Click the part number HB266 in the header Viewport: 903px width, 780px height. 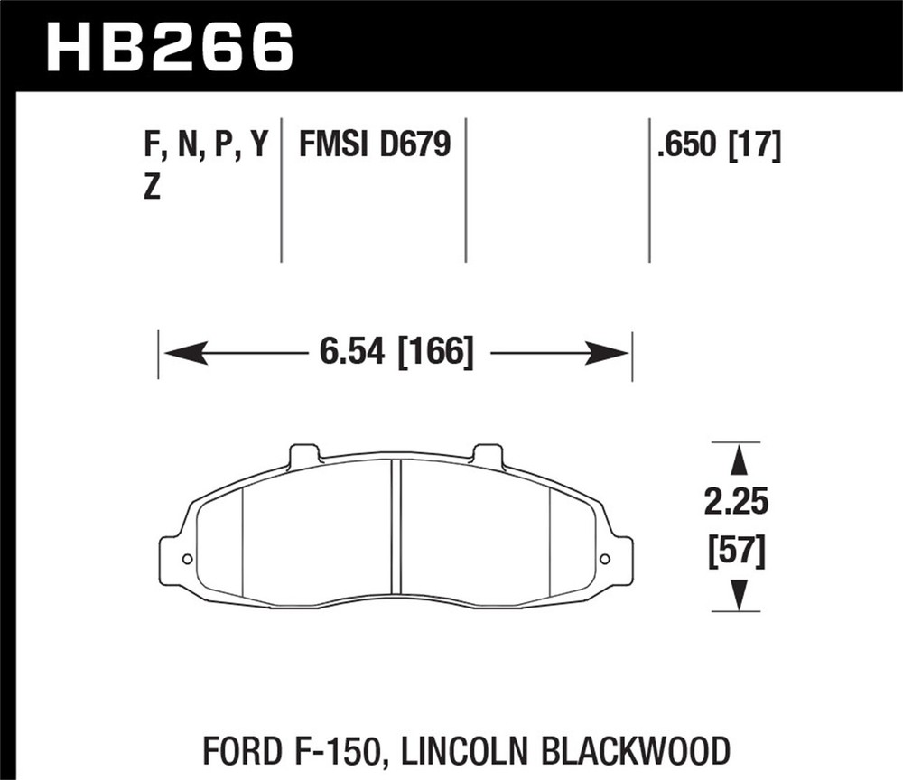(x=170, y=46)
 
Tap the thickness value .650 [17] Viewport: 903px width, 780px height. (x=719, y=144)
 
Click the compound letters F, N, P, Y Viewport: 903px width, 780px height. (x=206, y=144)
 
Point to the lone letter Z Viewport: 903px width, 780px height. (x=153, y=189)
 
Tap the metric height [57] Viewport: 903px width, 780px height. (x=736, y=551)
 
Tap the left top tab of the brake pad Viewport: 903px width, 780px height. (x=304, y=456)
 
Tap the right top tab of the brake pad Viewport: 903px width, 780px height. (x=488, y=456)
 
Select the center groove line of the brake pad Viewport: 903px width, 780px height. (x=395, y=528)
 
